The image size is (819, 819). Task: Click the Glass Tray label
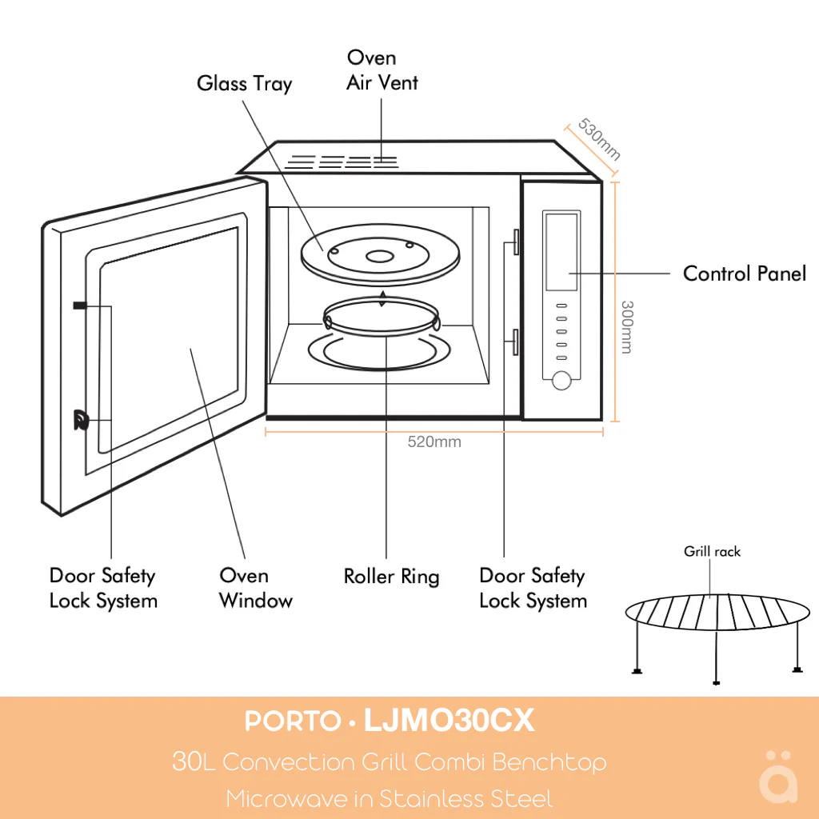click(x=244, y=83)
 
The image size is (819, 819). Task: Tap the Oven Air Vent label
click(x=382, y=70)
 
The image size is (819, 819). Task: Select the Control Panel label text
click(x=744, y=274)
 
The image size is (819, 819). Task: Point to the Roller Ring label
click(x=391, y=576)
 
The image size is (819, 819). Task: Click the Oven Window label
click(x=255, y=588)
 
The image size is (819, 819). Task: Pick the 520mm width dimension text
click(x=434, y=441)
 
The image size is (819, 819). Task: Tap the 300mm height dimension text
click(x=627, y=327)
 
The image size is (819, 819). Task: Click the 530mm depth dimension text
click(x=599, y=139)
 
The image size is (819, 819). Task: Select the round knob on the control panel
click(x=562, y=381)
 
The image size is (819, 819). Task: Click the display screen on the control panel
click(x=561, y=251)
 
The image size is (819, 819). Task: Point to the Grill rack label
click(x=712, y=551)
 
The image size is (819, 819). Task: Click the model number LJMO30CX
click(x=449, y=721)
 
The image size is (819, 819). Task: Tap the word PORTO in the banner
click(x=293, y=721)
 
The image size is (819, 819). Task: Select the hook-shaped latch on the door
click(x=80, y=420)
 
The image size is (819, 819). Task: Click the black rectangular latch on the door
click(x=80, y=306)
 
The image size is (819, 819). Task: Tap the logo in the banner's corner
click(x=777, y=776)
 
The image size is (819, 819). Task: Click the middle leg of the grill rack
click(x=715, y=656)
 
